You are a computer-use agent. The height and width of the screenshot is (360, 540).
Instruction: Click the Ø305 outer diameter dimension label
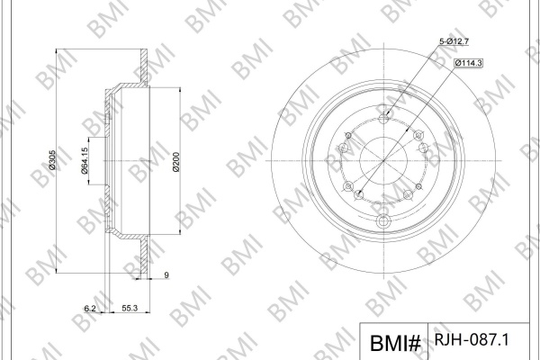(52, 160)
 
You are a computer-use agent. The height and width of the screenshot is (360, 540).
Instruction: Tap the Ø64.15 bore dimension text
(85, 160)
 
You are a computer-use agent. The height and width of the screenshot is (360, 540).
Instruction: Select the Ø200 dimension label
(176, 162)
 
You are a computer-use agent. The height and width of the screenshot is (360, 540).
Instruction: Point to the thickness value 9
(166, 274)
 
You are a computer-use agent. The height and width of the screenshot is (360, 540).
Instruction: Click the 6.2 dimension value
(90, 309)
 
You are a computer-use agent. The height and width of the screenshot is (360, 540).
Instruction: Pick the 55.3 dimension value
(130, 309)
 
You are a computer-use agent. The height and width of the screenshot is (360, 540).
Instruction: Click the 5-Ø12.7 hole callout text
(454, 41)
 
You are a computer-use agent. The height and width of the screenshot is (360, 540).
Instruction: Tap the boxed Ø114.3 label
(468, 63)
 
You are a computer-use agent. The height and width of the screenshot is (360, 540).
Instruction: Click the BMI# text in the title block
(395, 343)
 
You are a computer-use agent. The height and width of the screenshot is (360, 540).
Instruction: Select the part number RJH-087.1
(472, 339)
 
